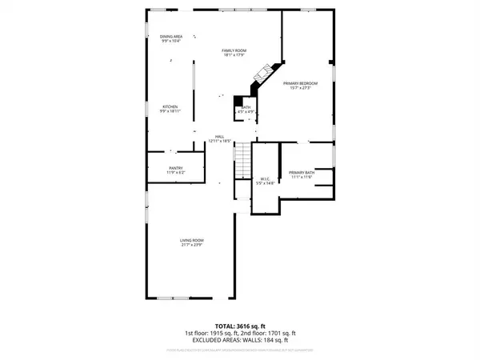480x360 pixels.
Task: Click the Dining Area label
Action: coord(171,37)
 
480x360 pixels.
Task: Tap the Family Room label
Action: coord(234,50)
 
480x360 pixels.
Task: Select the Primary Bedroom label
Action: coord(306,83)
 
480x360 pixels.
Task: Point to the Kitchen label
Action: coord(170,106)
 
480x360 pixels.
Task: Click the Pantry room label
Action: coord(176,168)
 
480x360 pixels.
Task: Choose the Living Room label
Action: coord(191,241)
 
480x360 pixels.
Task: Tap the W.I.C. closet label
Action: coord(265,178)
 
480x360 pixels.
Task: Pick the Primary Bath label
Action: coord(302,173)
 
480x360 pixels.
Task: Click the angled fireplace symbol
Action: coord(262,74)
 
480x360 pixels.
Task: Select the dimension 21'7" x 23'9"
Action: coord(191,246)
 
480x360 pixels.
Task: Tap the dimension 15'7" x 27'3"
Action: coord(306,88)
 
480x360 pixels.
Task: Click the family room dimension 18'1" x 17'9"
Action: coord(234,55)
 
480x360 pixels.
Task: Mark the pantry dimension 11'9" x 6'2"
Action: coord(176,173)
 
